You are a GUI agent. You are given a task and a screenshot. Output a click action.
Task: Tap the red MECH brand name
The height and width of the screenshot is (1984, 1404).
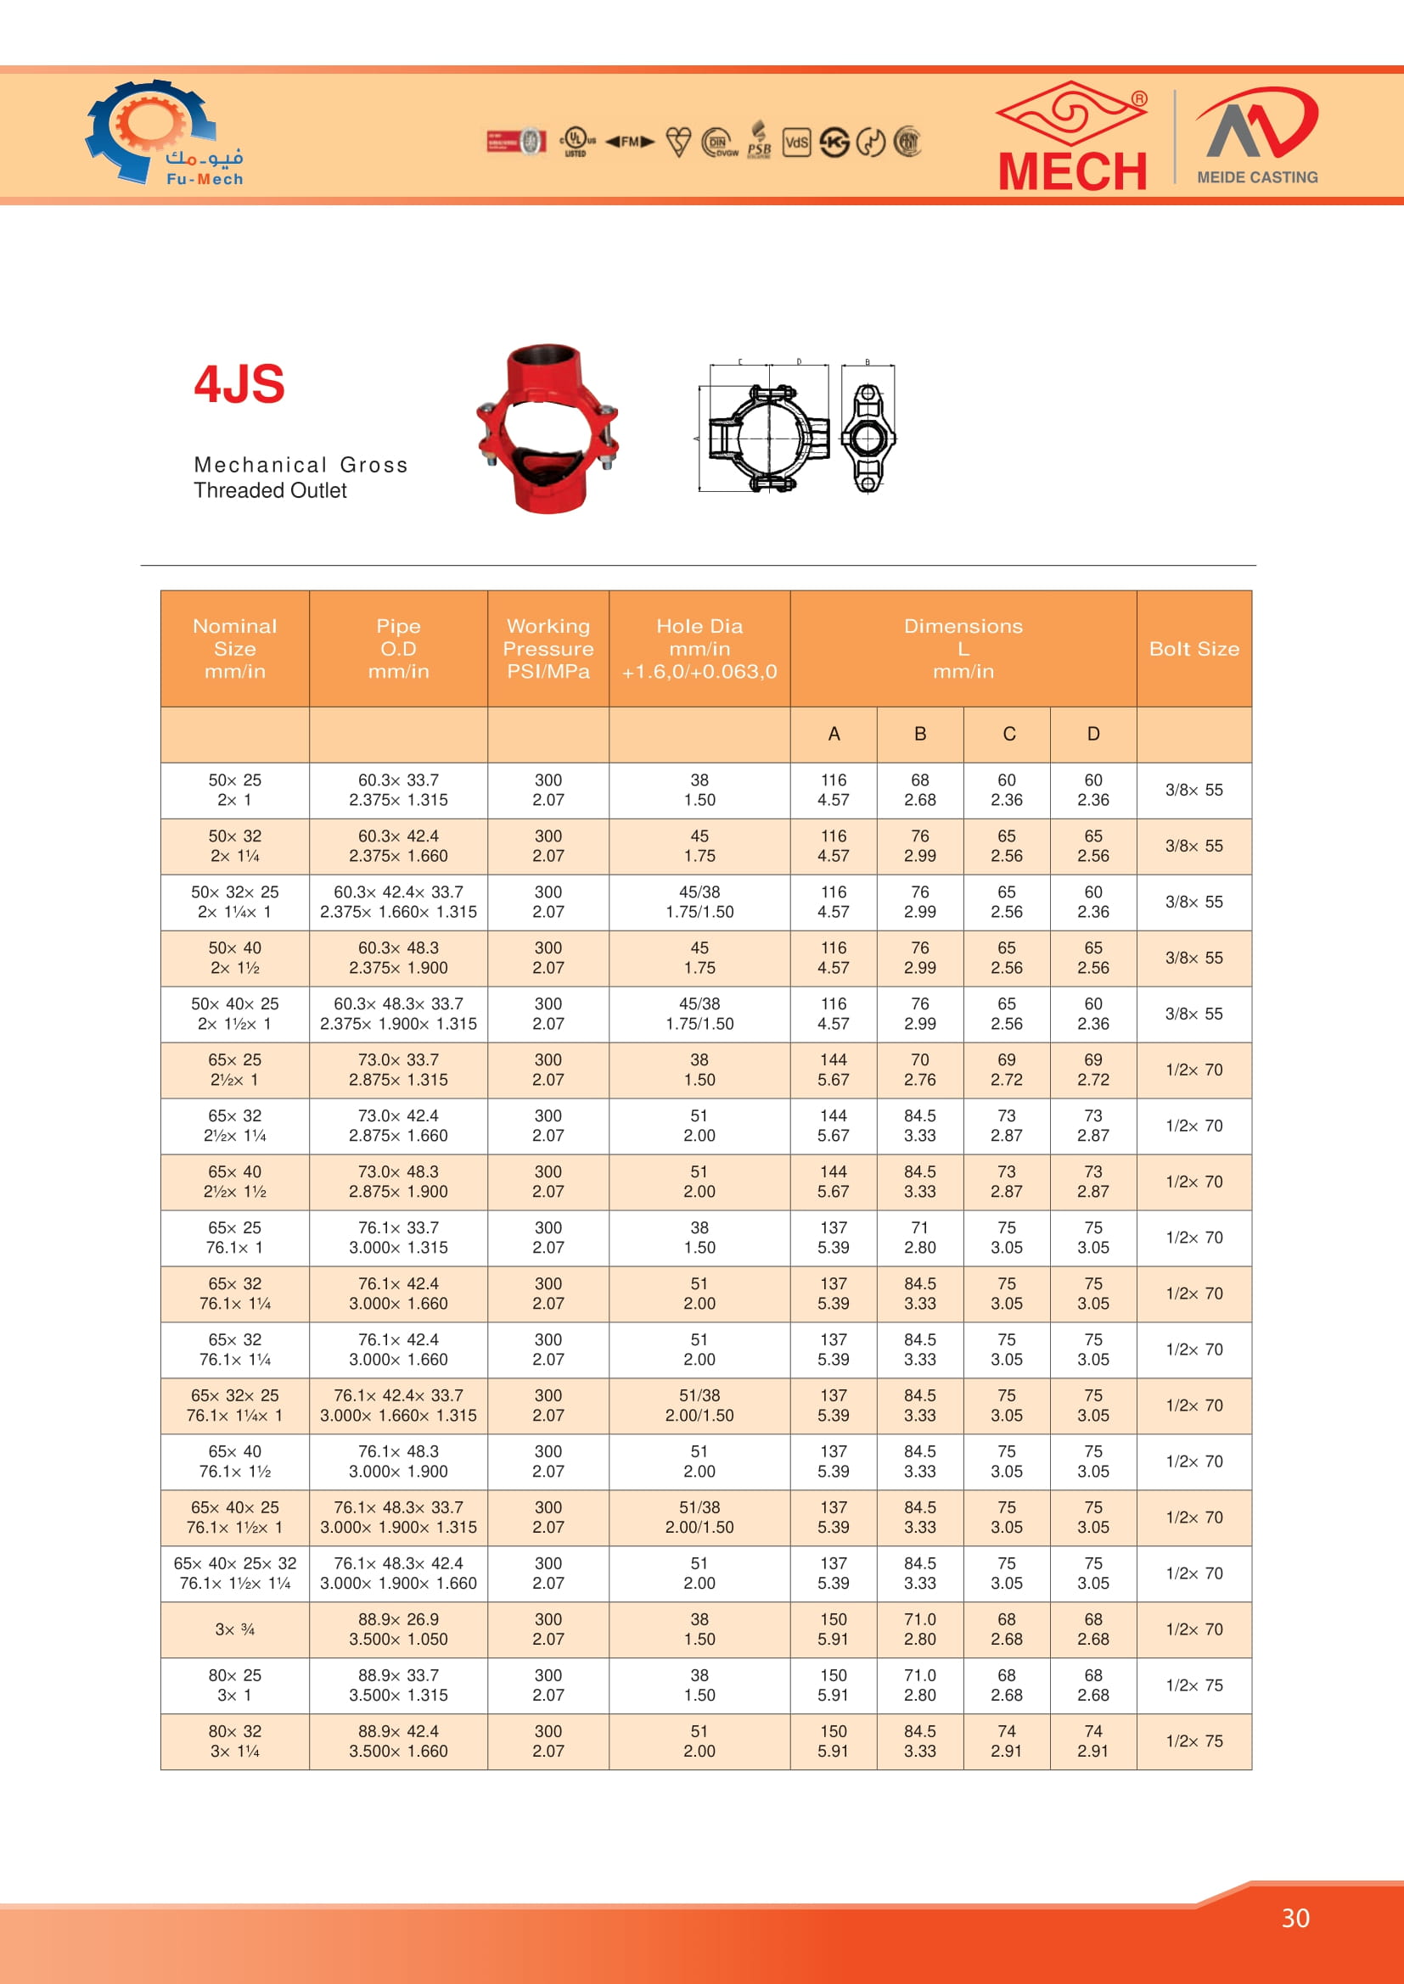1072,171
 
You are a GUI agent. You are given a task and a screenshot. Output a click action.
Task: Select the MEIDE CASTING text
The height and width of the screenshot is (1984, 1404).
1257,177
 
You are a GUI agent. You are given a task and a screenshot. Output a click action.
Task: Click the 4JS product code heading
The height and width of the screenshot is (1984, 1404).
239,384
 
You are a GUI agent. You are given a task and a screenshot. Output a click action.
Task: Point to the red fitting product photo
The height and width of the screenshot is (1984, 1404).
547,428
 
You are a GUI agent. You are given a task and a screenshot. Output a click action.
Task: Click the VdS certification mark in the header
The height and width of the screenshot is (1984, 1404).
796,142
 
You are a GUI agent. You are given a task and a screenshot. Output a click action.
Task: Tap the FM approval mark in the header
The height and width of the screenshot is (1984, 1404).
629,142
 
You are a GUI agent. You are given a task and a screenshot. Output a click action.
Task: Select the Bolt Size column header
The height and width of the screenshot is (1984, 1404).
1194,649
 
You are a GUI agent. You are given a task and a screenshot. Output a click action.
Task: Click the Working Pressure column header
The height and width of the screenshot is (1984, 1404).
548,649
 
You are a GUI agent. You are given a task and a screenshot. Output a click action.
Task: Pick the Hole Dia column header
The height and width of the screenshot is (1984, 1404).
699,649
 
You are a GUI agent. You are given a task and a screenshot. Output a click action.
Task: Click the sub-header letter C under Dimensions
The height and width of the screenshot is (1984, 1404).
1008,735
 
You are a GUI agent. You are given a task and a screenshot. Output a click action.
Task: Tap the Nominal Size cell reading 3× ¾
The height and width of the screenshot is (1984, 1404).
235,1629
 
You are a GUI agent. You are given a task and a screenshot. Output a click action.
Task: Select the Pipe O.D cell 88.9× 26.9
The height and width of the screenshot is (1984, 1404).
399,1629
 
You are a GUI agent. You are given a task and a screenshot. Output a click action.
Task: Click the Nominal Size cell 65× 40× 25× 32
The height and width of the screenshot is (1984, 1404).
235,1573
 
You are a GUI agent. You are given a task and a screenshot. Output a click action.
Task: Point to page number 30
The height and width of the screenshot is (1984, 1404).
1295,1919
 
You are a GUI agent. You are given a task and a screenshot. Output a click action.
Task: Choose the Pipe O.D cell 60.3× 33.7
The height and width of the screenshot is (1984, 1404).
399,790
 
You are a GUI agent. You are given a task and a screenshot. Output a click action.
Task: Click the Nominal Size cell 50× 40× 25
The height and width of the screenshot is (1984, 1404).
235,1014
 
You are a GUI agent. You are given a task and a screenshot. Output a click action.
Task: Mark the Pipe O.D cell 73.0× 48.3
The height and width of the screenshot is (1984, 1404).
399,1182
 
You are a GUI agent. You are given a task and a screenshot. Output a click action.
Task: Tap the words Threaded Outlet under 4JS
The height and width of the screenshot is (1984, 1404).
270,491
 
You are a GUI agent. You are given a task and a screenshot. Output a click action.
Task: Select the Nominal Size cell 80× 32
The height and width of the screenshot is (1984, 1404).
235,1741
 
